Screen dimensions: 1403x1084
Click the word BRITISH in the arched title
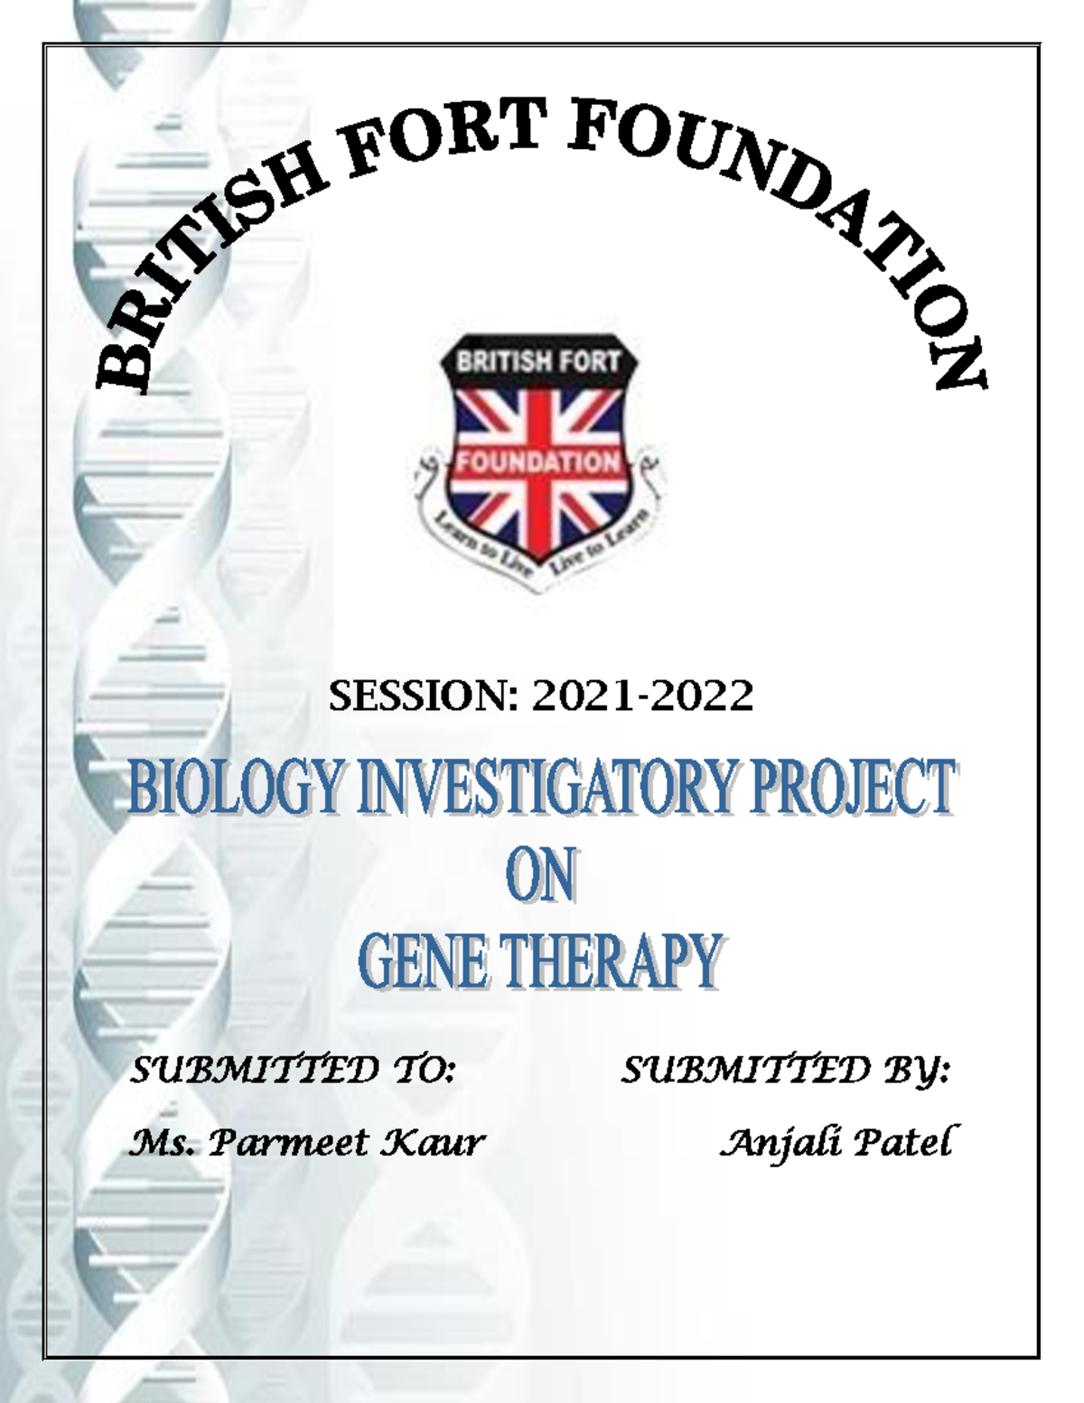click(208, 271)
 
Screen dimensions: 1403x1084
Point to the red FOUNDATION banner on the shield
click(538, 463)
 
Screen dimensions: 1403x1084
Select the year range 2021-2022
click(642, 697)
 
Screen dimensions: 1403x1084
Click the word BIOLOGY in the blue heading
click(236, 788)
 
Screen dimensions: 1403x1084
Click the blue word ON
click(540, 875)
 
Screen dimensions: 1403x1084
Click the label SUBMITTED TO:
click(294, 1071)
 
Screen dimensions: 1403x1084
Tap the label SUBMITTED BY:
click(785, 1071)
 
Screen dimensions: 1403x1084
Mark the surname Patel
click(902, 1144)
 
